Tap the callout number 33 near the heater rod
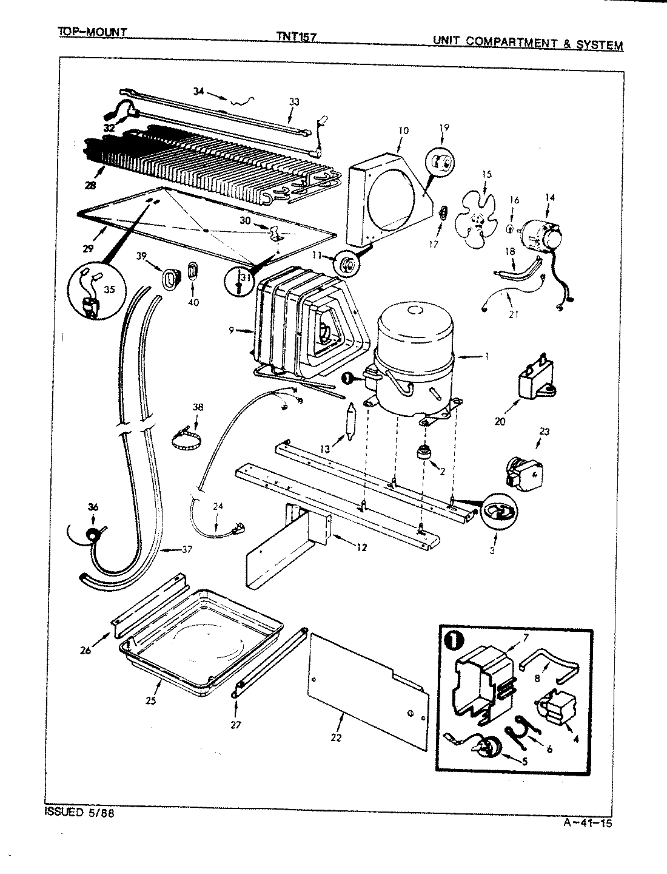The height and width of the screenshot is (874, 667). pyautogui.click(x=294, y=102)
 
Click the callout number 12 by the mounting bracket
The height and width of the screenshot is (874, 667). pyautogui.click(x=361, y=548)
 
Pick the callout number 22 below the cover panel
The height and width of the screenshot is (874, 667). pyautogui.click(x=336, y=737)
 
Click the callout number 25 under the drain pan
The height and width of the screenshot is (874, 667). pyautogui.click(x=151, y=700)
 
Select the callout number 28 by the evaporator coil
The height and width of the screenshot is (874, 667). pyautogui.click(x=91, y=185)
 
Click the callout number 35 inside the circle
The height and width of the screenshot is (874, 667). pyautogui.click(x=110, y=289)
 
